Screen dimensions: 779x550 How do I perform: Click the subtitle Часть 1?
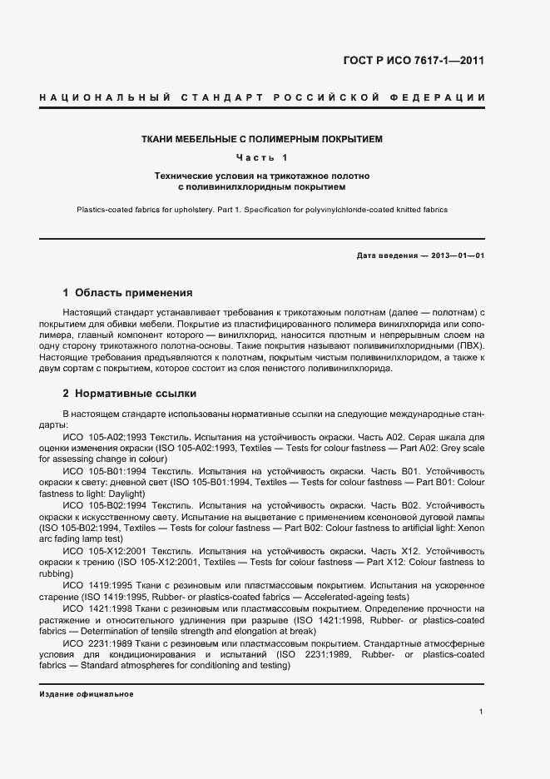[262, 158]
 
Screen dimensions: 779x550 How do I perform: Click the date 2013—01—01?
[457, 256]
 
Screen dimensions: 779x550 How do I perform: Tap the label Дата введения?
[386, 256]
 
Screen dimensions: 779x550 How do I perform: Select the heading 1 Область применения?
[127, 293]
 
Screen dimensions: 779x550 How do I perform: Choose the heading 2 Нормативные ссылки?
[129, 393]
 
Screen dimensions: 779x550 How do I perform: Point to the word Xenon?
[470, 527]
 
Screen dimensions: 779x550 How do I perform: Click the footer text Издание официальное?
[86, 693]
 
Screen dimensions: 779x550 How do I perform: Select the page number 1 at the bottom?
[482, 711]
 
